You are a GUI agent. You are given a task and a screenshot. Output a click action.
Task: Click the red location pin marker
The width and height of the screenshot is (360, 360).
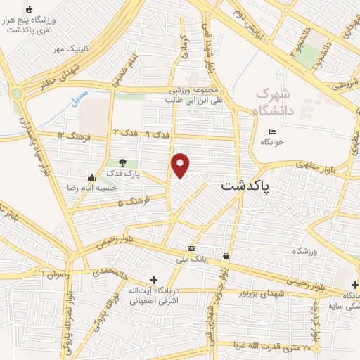tap(181, 165)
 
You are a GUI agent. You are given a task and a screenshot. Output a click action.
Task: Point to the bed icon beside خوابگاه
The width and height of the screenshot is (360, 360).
tap(272, 131)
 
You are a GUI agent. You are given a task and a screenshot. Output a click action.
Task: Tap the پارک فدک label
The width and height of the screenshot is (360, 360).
tap(123, 173)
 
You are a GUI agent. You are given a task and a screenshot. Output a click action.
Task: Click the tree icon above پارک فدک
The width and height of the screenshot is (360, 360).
tap(123, 163)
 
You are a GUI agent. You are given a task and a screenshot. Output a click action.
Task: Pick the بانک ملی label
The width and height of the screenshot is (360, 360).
tap(192, 259)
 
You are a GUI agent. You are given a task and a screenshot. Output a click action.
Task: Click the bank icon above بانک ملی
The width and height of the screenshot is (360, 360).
tap(191, 250)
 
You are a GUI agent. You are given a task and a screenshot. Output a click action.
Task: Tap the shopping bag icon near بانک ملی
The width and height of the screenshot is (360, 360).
tap(225, 257)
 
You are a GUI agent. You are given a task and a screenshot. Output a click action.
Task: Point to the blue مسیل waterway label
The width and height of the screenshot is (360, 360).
tap(79, 96)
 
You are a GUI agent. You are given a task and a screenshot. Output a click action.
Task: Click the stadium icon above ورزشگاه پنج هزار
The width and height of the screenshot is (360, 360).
tap(29, 10)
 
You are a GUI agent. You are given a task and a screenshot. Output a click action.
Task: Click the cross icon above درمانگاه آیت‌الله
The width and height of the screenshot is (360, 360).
tap(153, 280)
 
